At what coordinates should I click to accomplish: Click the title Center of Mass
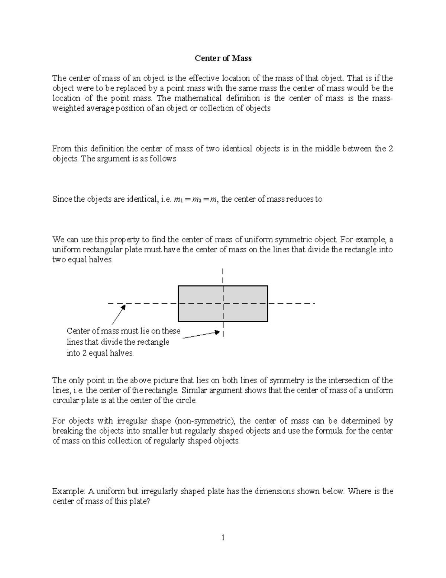click(x=223, y=58)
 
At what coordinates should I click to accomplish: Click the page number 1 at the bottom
click(x=223, y=537)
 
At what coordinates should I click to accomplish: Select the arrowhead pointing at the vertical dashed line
click(x=218, y=332)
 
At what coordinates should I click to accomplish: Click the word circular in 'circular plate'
click(x=65, y=400)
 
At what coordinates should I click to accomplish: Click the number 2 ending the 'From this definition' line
click(x=391, y=149)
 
